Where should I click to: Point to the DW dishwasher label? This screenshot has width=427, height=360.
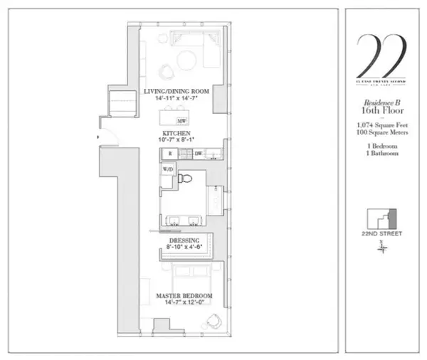(199, 153)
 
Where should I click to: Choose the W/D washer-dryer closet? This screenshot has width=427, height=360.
(168, 170)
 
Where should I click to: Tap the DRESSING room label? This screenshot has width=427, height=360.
(184, 240)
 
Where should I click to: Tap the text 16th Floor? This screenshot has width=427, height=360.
(382, 111)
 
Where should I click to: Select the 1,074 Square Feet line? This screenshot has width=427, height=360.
(382, 126)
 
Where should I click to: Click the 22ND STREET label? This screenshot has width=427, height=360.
(382, 234)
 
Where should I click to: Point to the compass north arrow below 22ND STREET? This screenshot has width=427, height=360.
(383, 246)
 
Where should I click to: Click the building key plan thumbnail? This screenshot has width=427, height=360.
(382, 218)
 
